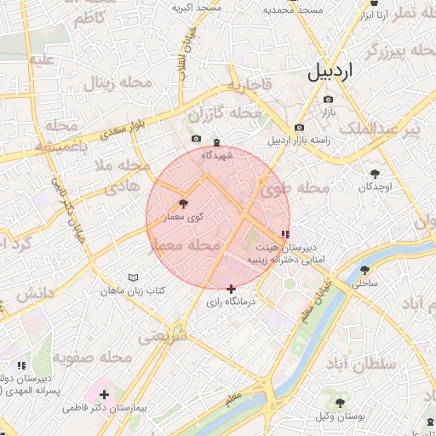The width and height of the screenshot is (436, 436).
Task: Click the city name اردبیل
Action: click(x=328, y=73)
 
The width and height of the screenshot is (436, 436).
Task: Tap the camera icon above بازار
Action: click(x=328, y=100)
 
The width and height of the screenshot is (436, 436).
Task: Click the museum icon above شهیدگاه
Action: click(x=216, y=141)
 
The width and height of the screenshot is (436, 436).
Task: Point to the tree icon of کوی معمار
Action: click(x=184, y=204)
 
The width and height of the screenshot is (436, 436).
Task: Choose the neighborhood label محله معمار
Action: click(x=185, y=245)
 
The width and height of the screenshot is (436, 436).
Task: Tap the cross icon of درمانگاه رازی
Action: click(x=232, y=290)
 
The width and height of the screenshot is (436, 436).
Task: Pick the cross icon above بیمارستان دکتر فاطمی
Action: click(x=104, y=394)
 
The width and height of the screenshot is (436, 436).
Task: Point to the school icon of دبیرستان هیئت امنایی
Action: click(x=284, y=233)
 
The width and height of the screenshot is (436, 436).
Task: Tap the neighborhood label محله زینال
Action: click(x=115, y=83)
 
